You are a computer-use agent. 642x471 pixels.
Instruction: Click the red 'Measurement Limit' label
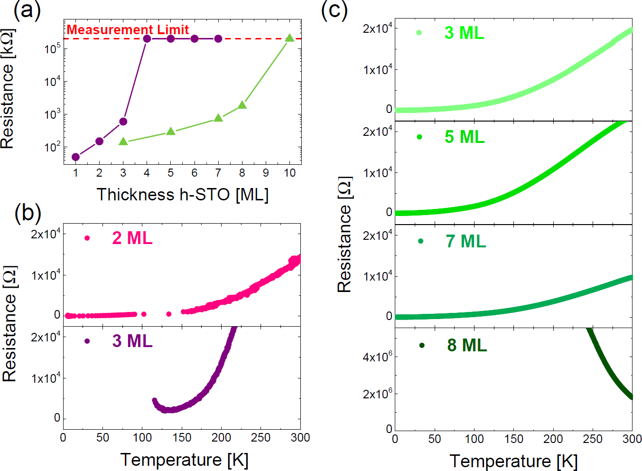coord(128,29)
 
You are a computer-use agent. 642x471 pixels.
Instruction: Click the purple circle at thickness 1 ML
coord(75,157)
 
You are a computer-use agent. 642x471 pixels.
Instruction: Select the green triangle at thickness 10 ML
coord(289,38)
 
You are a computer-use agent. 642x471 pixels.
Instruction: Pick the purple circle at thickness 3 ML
coord(123,122)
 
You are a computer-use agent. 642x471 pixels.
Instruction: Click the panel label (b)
coord(28,213)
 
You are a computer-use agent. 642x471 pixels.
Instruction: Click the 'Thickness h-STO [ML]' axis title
coord(183,195)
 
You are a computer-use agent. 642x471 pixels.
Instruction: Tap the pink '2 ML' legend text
coord(132,238)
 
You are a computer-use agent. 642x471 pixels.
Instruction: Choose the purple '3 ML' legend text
coord(132,341)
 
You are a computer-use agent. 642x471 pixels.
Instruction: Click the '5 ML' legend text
coord(465,137)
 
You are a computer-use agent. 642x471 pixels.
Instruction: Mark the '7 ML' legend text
coord(466,241)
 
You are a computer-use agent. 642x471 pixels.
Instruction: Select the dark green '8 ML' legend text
coord(467,345)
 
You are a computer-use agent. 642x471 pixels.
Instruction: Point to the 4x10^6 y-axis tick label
coord(377,357)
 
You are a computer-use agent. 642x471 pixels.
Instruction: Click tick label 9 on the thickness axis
coord(266,173)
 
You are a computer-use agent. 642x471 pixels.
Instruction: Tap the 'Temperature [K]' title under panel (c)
coord(513,461)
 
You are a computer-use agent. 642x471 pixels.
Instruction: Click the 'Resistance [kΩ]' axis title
coord(8,89)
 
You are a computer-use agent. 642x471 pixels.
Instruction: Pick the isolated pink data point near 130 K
coord(169,314)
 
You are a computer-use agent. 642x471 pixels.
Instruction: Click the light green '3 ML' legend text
coord(464,33)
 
